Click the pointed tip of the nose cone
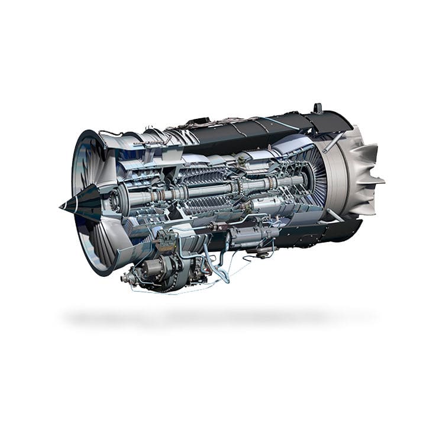point(61,206)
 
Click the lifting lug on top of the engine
point(318,108)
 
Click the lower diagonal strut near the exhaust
point(332,215)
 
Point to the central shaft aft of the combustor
point(278,183)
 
